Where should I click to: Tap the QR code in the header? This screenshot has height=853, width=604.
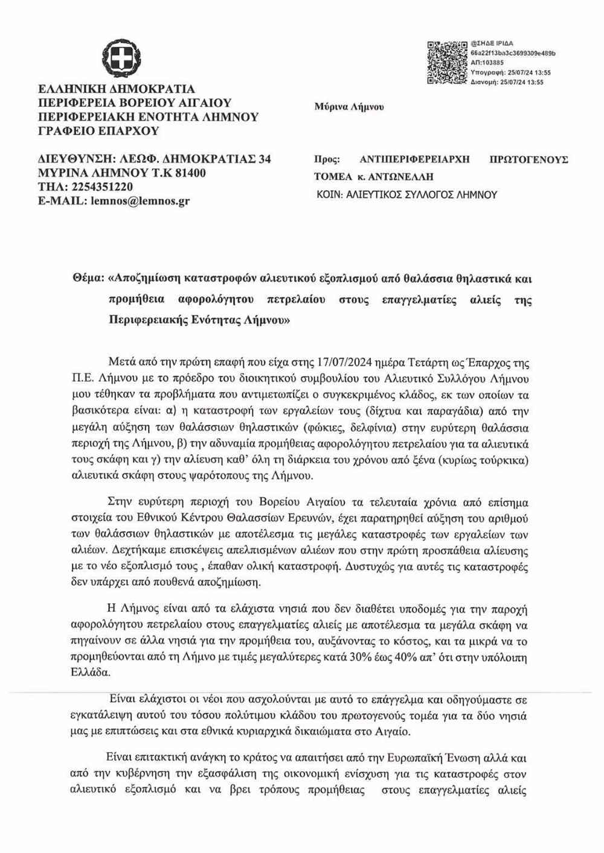tap(447, 62)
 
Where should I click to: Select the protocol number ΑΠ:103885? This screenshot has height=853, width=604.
tap(487, 63)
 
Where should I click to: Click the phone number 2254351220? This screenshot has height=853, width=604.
tap(98, 187)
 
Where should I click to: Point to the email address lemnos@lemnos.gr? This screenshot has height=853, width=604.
tap(140, 201)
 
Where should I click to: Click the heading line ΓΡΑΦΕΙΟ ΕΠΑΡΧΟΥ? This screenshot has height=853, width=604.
tap(98, 131)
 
